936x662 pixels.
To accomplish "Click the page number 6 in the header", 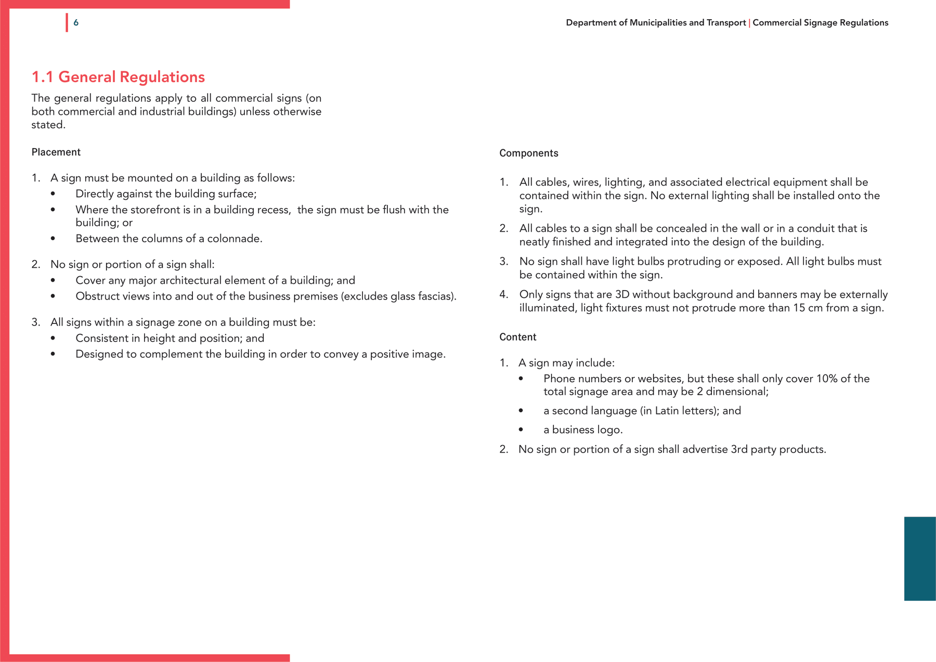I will point(76,23).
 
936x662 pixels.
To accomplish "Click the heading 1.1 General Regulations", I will point(118,77).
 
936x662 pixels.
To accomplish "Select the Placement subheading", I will point(56,152).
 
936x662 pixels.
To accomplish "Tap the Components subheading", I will point(528,153).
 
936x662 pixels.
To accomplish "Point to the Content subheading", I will point(517,337).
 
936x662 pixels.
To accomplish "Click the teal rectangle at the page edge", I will point(919,559).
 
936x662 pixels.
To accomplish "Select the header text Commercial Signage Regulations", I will point(820,23).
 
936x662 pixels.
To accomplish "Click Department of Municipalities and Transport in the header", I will point(655,23).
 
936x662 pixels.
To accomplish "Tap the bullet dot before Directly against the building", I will point(53,194).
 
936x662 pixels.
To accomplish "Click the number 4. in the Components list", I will point(503,294).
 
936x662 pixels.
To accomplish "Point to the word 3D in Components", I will point(622,294).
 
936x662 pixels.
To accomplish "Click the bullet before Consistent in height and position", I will point(53,339).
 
